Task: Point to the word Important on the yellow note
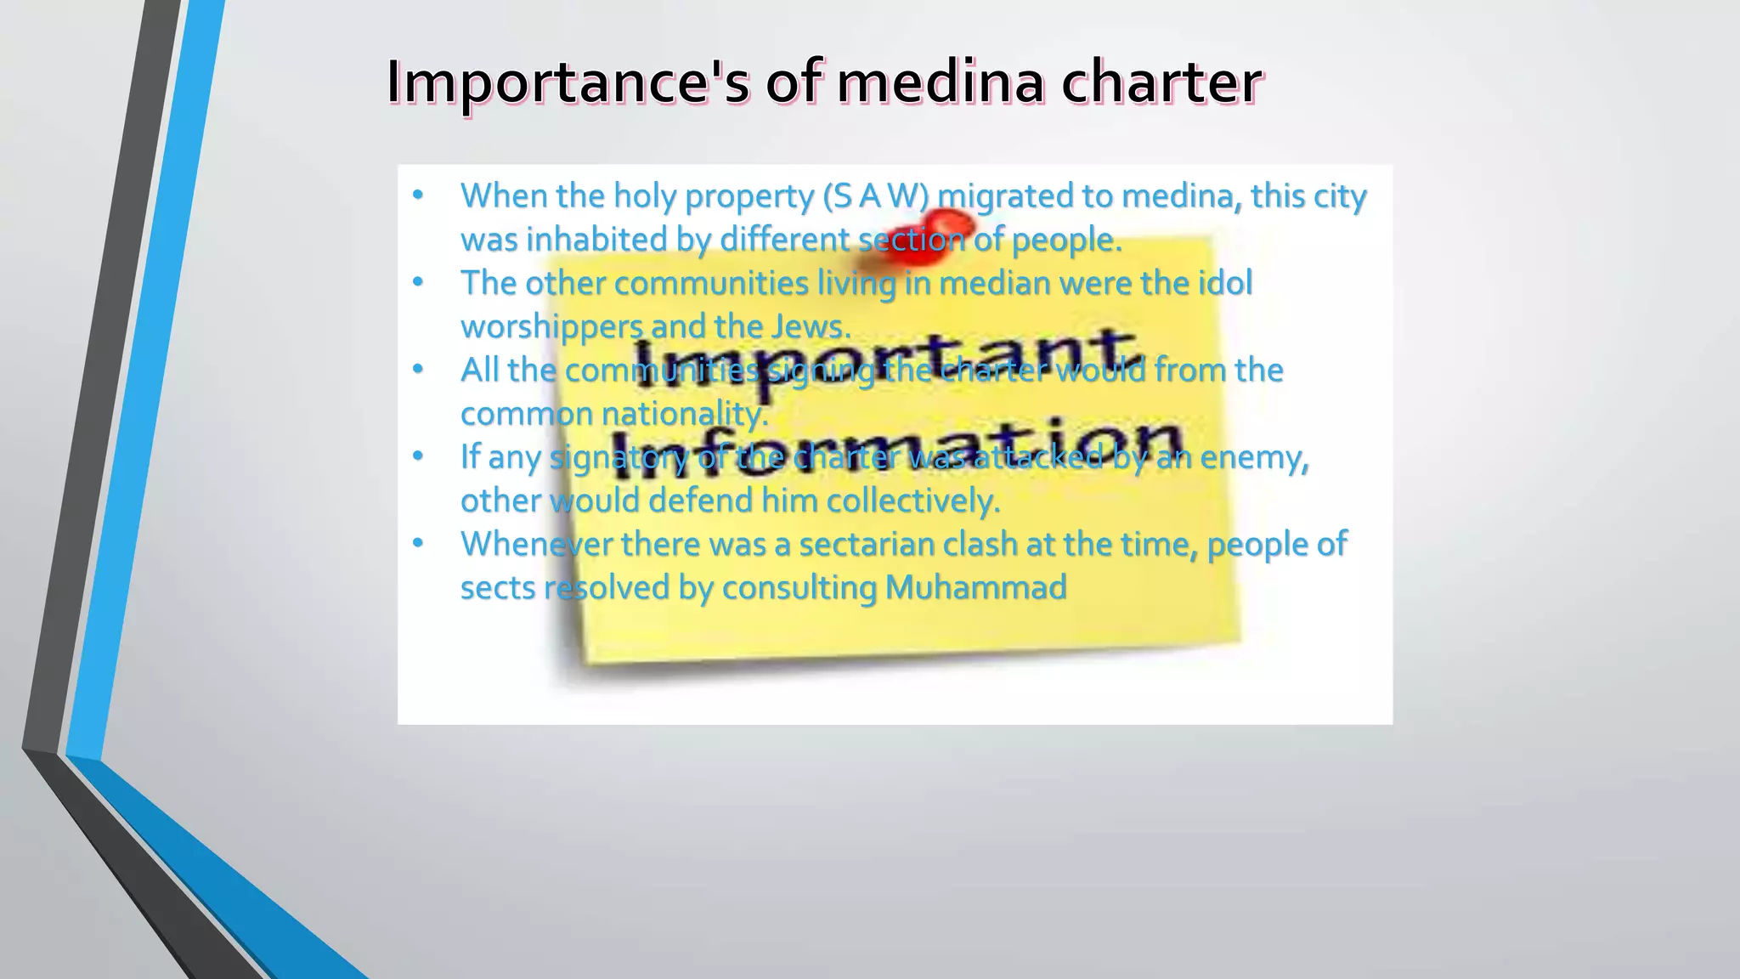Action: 884,357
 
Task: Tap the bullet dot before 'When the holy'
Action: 417,196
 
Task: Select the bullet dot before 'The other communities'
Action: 417,283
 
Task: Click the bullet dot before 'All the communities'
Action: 417,371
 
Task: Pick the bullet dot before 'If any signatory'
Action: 417,457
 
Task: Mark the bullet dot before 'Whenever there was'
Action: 417,544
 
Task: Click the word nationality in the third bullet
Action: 684,414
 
